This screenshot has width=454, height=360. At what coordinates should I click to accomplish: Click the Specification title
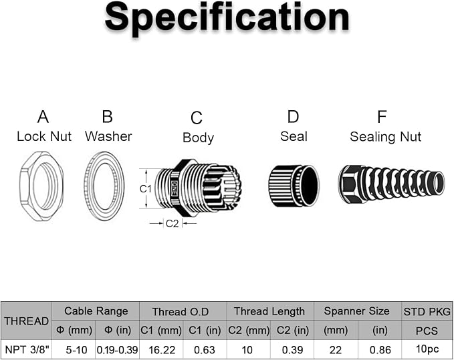227,17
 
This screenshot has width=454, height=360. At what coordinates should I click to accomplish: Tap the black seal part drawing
294,186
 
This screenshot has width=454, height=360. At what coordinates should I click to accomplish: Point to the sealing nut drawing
391,184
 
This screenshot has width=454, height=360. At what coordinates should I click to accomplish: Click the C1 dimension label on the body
145,189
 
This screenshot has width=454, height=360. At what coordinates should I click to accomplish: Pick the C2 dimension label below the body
172,224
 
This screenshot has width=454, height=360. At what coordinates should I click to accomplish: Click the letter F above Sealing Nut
382,117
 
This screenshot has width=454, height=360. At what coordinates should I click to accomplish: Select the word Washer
108,136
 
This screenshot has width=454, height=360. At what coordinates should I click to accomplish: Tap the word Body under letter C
199,138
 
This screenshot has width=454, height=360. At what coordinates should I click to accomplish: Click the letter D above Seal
293,117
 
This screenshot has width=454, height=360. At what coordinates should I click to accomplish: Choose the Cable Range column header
96,311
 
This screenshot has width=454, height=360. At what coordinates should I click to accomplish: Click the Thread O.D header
181,312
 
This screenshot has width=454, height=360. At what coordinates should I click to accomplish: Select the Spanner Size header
357,311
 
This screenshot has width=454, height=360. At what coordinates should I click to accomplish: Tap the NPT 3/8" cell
27,349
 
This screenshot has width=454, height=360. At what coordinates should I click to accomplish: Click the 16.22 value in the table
162,350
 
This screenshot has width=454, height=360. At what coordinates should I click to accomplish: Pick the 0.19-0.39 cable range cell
117,350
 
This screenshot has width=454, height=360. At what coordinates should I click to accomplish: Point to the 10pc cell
427,349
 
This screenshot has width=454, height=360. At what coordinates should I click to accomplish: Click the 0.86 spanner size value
380,350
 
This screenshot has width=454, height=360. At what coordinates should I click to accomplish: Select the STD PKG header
427,312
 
